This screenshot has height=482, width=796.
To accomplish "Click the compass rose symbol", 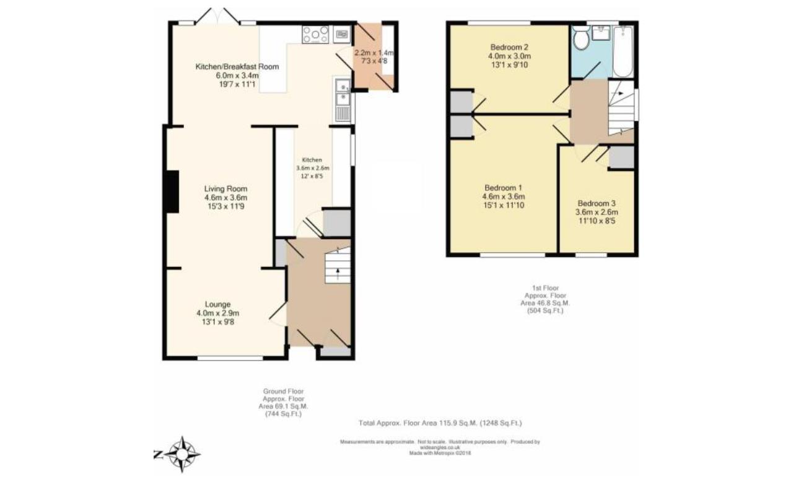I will [182, 454].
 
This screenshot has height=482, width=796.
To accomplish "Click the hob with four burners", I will [315, 34].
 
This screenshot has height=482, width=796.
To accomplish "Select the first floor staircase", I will [621, 108].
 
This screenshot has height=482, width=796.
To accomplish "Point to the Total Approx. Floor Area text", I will [440, 423].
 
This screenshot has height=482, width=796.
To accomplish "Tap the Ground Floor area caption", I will [282, 403].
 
